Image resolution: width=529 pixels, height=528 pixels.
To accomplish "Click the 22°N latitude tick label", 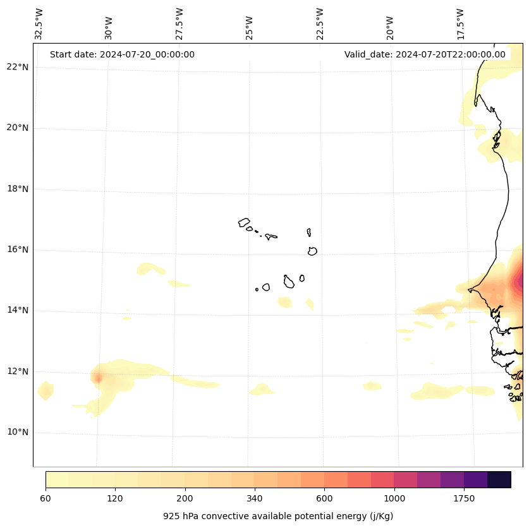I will (x=16, y=67).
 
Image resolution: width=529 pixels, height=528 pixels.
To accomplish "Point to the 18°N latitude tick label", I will (x=16, y=189).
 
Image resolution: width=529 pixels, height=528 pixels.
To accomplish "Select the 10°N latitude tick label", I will (x=16, y=433).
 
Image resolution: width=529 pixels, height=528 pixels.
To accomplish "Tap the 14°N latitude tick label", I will (x=16, y=311).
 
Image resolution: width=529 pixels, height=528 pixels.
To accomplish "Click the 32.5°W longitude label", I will (x=39, y=24).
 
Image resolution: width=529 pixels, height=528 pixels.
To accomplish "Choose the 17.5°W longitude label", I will (x=460, y=24).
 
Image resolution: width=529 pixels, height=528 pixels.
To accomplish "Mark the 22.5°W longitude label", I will (x=320, y=24).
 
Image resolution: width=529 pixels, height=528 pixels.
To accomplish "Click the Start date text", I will (x=122, y=54).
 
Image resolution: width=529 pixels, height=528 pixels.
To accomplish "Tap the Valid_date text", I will (x=425, y=54).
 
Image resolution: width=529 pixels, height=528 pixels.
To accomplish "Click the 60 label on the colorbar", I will (x=46, y=499).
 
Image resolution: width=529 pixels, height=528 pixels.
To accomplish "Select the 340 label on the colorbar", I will (x=255, y=499).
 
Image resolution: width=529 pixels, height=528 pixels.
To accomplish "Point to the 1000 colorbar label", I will (x=394, y=499).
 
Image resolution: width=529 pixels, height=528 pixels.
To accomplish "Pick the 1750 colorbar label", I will (x=464, y=499).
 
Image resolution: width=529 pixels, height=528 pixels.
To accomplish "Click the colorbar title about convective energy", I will (x=278, y=516).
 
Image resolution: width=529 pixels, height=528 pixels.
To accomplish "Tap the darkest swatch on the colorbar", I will (x=499, y=479).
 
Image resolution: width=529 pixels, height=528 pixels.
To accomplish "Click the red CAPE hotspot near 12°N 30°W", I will (x=98, y=378).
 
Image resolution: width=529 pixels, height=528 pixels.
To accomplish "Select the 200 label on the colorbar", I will (x=185, y=499).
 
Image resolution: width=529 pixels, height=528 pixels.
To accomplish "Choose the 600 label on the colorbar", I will (x=324, y=499).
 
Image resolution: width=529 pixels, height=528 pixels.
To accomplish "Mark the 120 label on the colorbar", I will (x=115, y=499).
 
